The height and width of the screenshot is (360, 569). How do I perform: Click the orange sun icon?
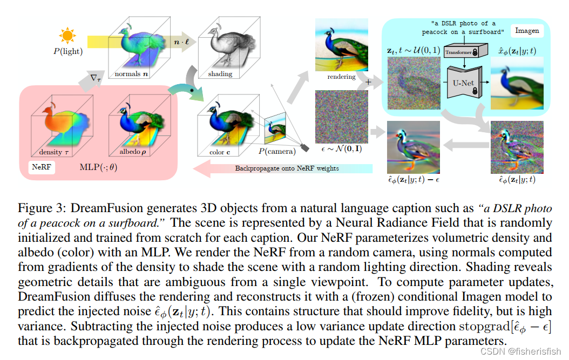(x=67, y=36)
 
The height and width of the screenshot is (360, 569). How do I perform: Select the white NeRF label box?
(x=42, y=167)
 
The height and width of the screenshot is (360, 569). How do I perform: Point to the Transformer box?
(x=458, y=52)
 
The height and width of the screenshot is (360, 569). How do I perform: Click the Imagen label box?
(x=527, y=31)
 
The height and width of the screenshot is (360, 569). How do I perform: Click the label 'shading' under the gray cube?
(x=220, y=74)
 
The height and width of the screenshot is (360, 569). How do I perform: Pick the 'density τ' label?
(x=55, y=153)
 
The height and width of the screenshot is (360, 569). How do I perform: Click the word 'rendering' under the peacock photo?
(x=341, y=77)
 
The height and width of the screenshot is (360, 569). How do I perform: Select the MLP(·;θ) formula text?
(x=98, y=167)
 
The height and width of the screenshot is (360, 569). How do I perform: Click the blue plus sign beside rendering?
(x=369, y=83)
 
